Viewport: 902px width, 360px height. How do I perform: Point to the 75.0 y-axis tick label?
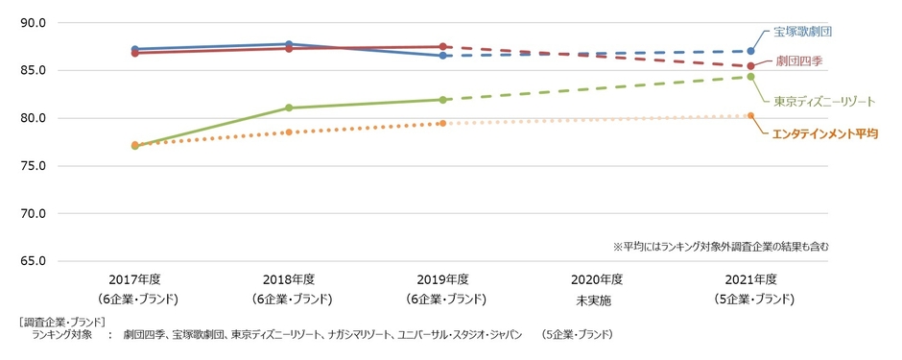(x=33, y=166)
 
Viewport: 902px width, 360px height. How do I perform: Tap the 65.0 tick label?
(x=33, y=261)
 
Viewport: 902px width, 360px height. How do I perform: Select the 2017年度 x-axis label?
(x=135, y=279)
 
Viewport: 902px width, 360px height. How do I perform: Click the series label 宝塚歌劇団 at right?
(x=802, y=31)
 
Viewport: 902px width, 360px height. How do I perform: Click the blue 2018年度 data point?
(x=289, y=44)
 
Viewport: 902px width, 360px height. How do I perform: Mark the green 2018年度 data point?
(x=289, y=108)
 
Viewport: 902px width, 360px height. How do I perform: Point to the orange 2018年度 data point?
(x=289, y=132)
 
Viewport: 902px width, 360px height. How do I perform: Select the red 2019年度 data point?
(x=442, y=46)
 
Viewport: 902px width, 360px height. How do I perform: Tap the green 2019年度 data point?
(x=442, y=99)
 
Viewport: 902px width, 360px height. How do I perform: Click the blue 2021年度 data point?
(x=750, y=51)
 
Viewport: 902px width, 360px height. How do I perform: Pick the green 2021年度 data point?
(x=750, y=77)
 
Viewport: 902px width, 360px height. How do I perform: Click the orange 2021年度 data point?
(x=750, y=115)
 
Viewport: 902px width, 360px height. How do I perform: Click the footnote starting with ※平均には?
(x=720, y=247)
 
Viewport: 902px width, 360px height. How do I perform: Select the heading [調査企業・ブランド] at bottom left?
(x=61, y=321)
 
